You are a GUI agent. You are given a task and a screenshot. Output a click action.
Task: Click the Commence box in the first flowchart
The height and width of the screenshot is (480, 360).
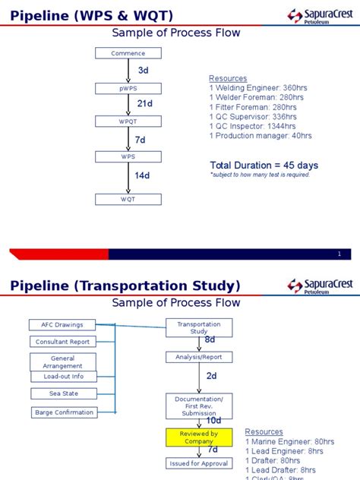tap(128, 53)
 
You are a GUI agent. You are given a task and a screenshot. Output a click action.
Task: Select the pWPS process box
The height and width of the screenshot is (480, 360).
tap(128, 88)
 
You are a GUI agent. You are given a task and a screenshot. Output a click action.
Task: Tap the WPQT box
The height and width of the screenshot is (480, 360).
tap(128, 122)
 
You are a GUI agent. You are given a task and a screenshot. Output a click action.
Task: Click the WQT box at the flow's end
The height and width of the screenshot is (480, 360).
tap(128, 199)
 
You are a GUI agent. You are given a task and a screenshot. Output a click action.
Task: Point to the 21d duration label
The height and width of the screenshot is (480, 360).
tap(145, 103)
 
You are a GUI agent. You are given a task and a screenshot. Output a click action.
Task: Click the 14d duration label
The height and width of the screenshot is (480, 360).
tap(142, 175)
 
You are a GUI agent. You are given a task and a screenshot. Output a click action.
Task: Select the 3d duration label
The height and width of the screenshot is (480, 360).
tap(143, 70)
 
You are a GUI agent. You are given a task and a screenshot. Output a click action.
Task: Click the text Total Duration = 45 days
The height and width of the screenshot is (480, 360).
tap(264, 165)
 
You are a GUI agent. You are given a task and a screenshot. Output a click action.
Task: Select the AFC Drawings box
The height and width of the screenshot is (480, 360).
tap(62, 325)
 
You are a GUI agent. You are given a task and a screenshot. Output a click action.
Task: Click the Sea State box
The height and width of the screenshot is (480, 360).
tap(65, 393)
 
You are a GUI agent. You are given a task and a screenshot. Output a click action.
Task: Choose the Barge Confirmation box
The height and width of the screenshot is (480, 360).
tap(65, 412)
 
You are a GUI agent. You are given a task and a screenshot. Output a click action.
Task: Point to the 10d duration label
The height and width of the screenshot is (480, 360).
tap(213, 420)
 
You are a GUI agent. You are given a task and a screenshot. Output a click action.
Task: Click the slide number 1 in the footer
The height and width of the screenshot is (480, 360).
tap(339, 254)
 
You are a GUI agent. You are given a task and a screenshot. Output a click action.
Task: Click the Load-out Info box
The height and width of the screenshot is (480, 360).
tap(64, 376)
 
